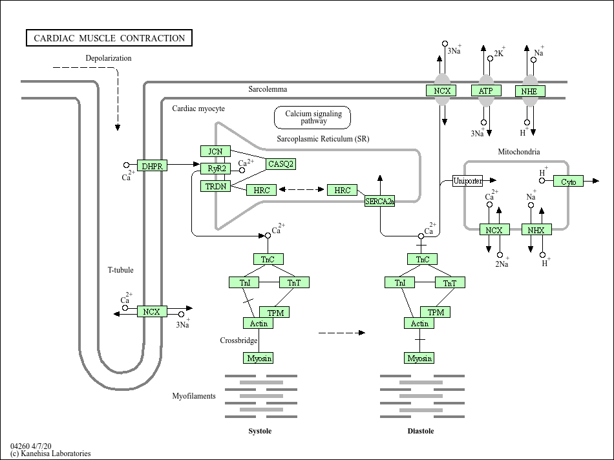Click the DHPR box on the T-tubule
pyautogui.click(x=152, y=166)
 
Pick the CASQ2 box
pyautogui.click(x=281, y=164)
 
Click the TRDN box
pyautogui.click(x=216, y=186)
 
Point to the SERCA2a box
pyautogui.click(x=379, y=202)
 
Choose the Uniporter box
pyautogui.click(x=467, y=181)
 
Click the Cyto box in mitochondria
pyautogui.click(x=568, y=182)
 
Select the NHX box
pyautogui.click(x=536, y=230)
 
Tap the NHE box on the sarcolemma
pyautogui.click(x=529, y=91)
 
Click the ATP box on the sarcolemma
pyautogui.click(x=485, y=91)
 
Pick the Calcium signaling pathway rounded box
pyautogui.click(x=313, y=118)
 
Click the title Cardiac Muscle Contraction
pyautogui.click(x=109, y=38)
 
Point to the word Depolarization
pyautogui.click(x=109, y=58)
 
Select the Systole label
pyautogui.click(x=260, y=431)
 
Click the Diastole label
pyautogui.click(x=421, y=431)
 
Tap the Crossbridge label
pyautogui.click(x=238, y=340)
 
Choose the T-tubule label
pyautogui.click(x=120, y=270)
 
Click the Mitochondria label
pyautogui.click(x=518, y=152)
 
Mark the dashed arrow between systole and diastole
pyautogui.click(x=341, y=333)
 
